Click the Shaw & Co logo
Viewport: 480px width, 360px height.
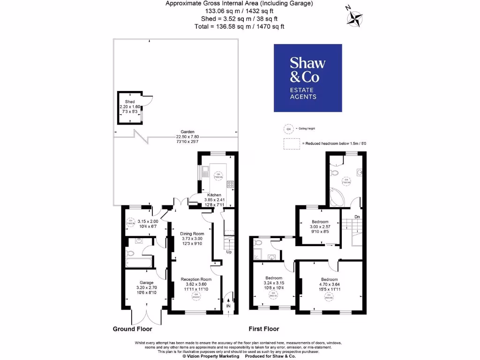tap(308, 78)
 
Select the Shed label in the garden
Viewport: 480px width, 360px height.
tap(130, 102)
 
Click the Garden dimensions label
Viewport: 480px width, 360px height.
tap(188, 137)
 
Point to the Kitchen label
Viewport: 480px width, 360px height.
tap(214, 195)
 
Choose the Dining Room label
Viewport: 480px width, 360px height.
tap(193, 233)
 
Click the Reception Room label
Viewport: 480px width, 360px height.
tap(196, 279)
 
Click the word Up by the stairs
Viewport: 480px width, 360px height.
tap(229, 252)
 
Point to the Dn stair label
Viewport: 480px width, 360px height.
tap(357, 217)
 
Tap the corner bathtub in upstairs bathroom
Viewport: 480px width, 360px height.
tap(338, 197)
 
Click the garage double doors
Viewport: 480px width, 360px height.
tap(146, 317)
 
